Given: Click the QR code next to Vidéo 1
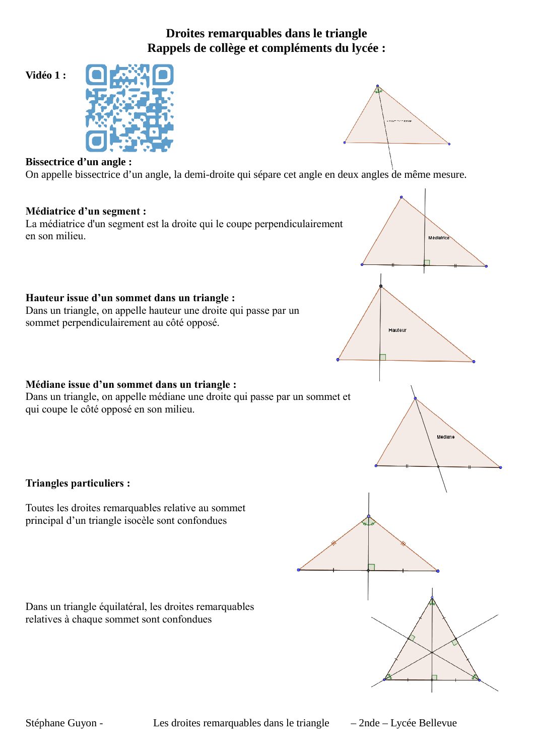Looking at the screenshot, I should click(129, 108).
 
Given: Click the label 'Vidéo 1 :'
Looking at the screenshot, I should click(46, 75).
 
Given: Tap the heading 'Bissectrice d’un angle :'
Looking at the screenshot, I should click(79, 162).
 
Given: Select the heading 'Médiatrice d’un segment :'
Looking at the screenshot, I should click(86, 211).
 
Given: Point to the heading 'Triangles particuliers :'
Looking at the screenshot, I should click(78, 483).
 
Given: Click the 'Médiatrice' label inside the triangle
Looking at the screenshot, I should click(439, 238).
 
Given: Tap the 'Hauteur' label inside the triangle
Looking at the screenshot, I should click(397, 330).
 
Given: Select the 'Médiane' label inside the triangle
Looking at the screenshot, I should click(445, 437).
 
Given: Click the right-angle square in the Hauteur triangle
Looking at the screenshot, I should click(383, 357).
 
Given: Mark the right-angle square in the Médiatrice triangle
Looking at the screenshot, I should click(427, 262).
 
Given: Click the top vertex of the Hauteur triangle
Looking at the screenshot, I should click(381, 286).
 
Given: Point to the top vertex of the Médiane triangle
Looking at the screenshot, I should click(415, 398).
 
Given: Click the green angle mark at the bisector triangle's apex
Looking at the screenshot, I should click(378, 91).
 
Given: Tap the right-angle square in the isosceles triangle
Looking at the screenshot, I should click(371, 567).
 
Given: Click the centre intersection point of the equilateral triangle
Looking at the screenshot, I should click(432, 653).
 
